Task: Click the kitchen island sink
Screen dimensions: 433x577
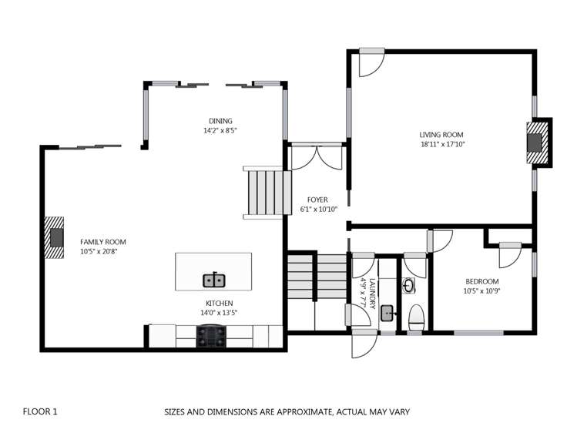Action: pos(213,280)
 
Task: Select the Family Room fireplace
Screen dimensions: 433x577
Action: pos(54,237)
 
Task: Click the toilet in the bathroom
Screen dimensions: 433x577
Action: pos(416,316)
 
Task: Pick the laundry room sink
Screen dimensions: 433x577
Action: pos(387,314)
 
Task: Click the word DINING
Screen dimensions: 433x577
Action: pos(220,120)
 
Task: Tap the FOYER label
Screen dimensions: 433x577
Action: pos(317,200)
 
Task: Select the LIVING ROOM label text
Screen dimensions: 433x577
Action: pos(441,134)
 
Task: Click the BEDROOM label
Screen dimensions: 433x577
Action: pos(481,281)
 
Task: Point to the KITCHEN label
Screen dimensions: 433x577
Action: pos(218,303)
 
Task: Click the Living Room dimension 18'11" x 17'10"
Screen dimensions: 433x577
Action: pos(442,144)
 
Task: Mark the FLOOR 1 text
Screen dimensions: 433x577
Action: pos(40,411)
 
